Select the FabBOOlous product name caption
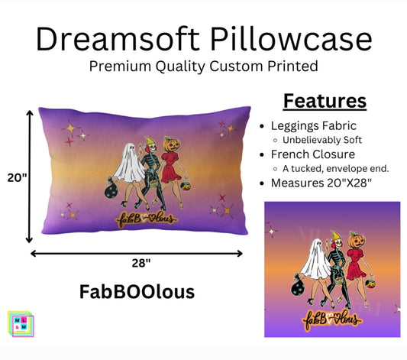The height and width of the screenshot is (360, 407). pyautogui.click(x=137, y=292)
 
